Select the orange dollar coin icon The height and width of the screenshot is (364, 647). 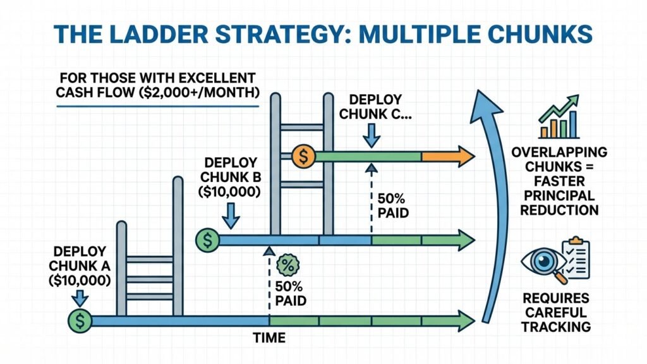click(x=304, y=154)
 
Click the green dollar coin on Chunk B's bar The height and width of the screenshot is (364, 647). click(x=207, y=240)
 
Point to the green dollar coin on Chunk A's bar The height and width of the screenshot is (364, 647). click(x=79, y=320)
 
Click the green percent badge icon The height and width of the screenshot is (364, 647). click(x=287, y=264)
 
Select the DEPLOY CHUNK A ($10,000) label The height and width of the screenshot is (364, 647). click(x=79, y=265)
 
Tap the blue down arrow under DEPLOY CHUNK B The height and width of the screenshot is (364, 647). click(x=232, y=218)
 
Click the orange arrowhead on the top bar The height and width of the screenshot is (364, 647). click(x=464, y=155)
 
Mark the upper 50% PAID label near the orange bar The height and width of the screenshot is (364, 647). click(x=392, y=204)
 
